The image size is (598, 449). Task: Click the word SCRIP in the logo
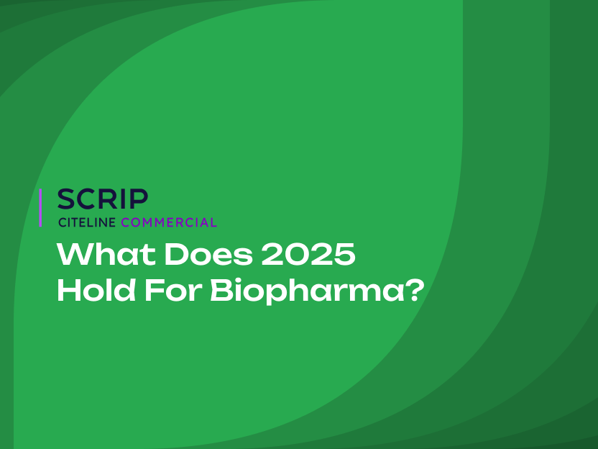[103, 199]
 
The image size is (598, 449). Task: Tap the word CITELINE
[87, 222]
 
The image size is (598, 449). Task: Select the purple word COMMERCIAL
[169, 222]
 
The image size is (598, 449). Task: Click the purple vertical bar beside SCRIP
[40, 208]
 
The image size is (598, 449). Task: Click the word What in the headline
[106, 254]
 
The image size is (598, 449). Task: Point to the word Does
[208, 254]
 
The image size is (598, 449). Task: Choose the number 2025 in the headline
[308, 254]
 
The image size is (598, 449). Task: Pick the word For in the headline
[173, 291]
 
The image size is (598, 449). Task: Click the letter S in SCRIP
[67, 199]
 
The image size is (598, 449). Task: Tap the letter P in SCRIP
[139, 199]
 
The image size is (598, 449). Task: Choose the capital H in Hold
[70, 291]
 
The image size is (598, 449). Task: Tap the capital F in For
[155, 291]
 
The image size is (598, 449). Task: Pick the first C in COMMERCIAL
[126, 222]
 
